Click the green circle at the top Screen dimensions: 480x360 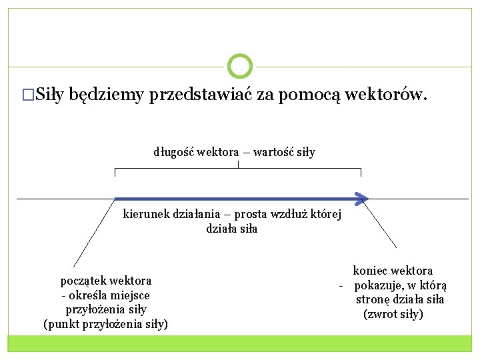[240, 67]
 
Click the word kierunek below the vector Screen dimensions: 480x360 [147, 215]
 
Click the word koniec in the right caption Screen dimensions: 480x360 [369, 271]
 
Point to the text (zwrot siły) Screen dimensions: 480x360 [393, 314]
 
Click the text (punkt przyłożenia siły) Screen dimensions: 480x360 [105, 325]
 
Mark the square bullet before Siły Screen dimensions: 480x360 [27, 95]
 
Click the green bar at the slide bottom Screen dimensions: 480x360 [240, 343]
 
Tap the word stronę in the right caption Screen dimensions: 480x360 [373, 299]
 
